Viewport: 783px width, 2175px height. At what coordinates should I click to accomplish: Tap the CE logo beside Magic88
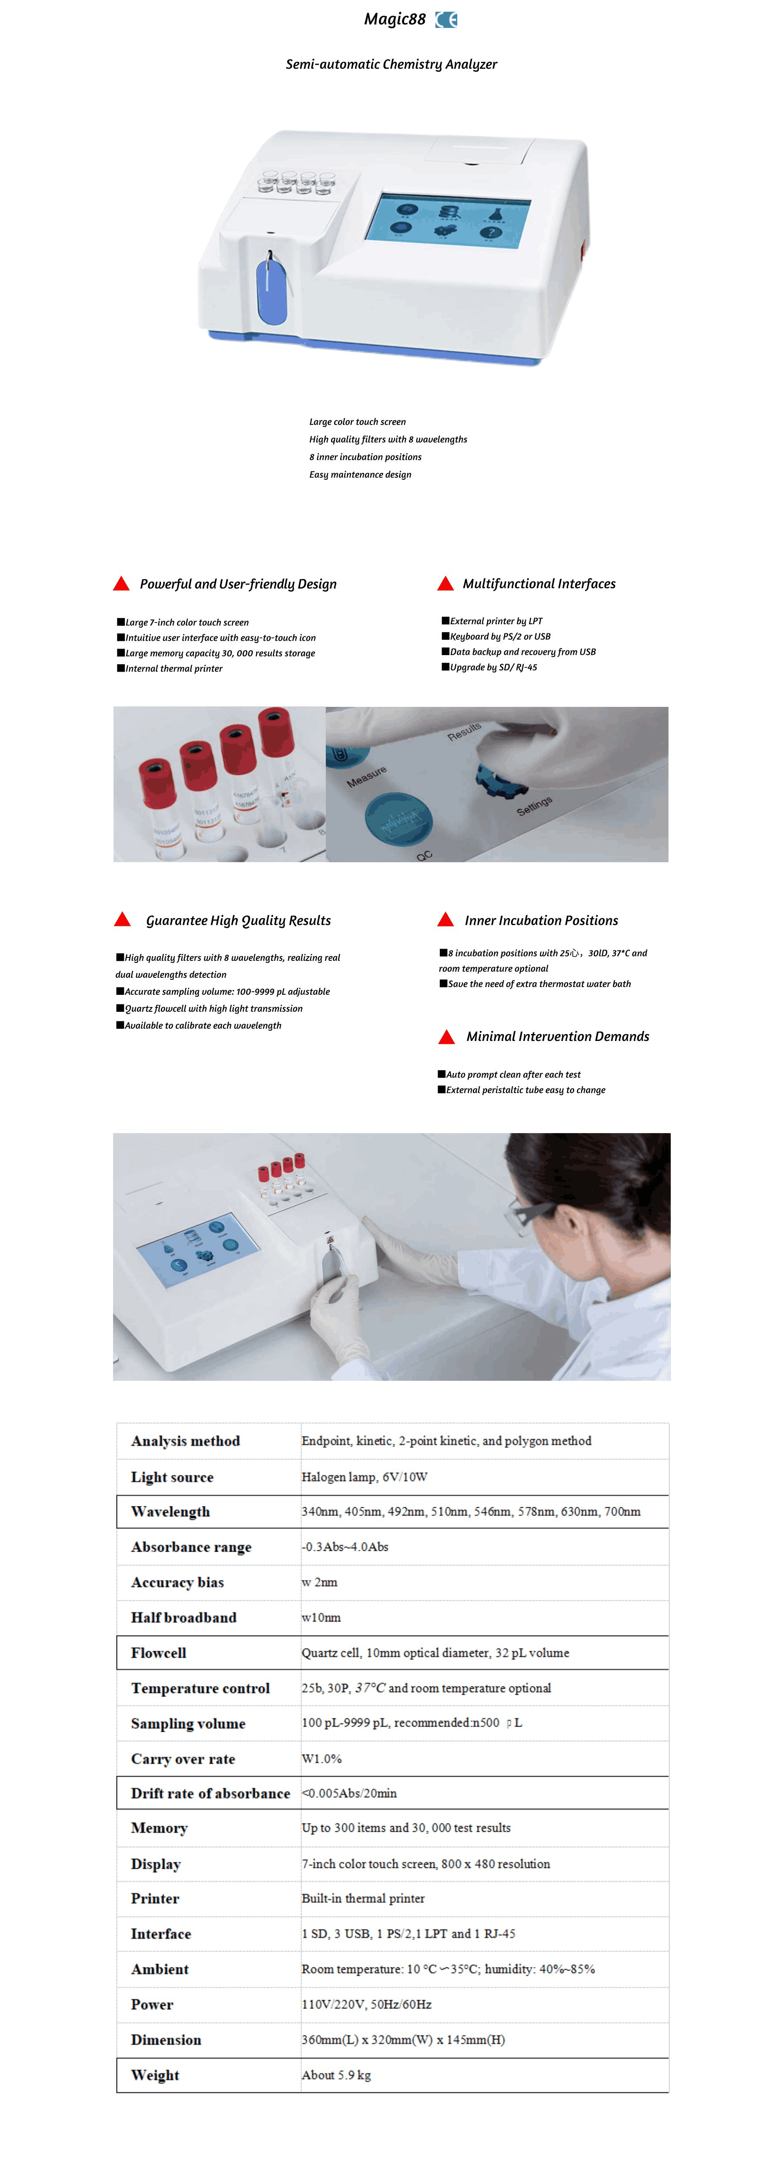click(x=446, y=20)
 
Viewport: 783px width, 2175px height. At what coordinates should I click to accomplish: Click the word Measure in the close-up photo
click(x=367, y=777)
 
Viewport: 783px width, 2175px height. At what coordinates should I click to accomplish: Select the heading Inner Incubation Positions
click(x=542, y=920)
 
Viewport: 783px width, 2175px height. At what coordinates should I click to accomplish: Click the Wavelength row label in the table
click(x=171, y=1511)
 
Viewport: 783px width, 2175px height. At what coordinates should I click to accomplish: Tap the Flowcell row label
click(x=159, y=1653)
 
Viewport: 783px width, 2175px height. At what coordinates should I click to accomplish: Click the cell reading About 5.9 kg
click(x=336, y=2075)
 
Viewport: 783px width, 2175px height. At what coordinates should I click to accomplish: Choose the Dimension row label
click(x=167, y=2039)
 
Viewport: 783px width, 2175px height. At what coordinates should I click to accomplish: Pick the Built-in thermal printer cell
click(x=363, y=1898)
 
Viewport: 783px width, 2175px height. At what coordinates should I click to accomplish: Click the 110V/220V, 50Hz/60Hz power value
click(x=367, y=2004)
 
